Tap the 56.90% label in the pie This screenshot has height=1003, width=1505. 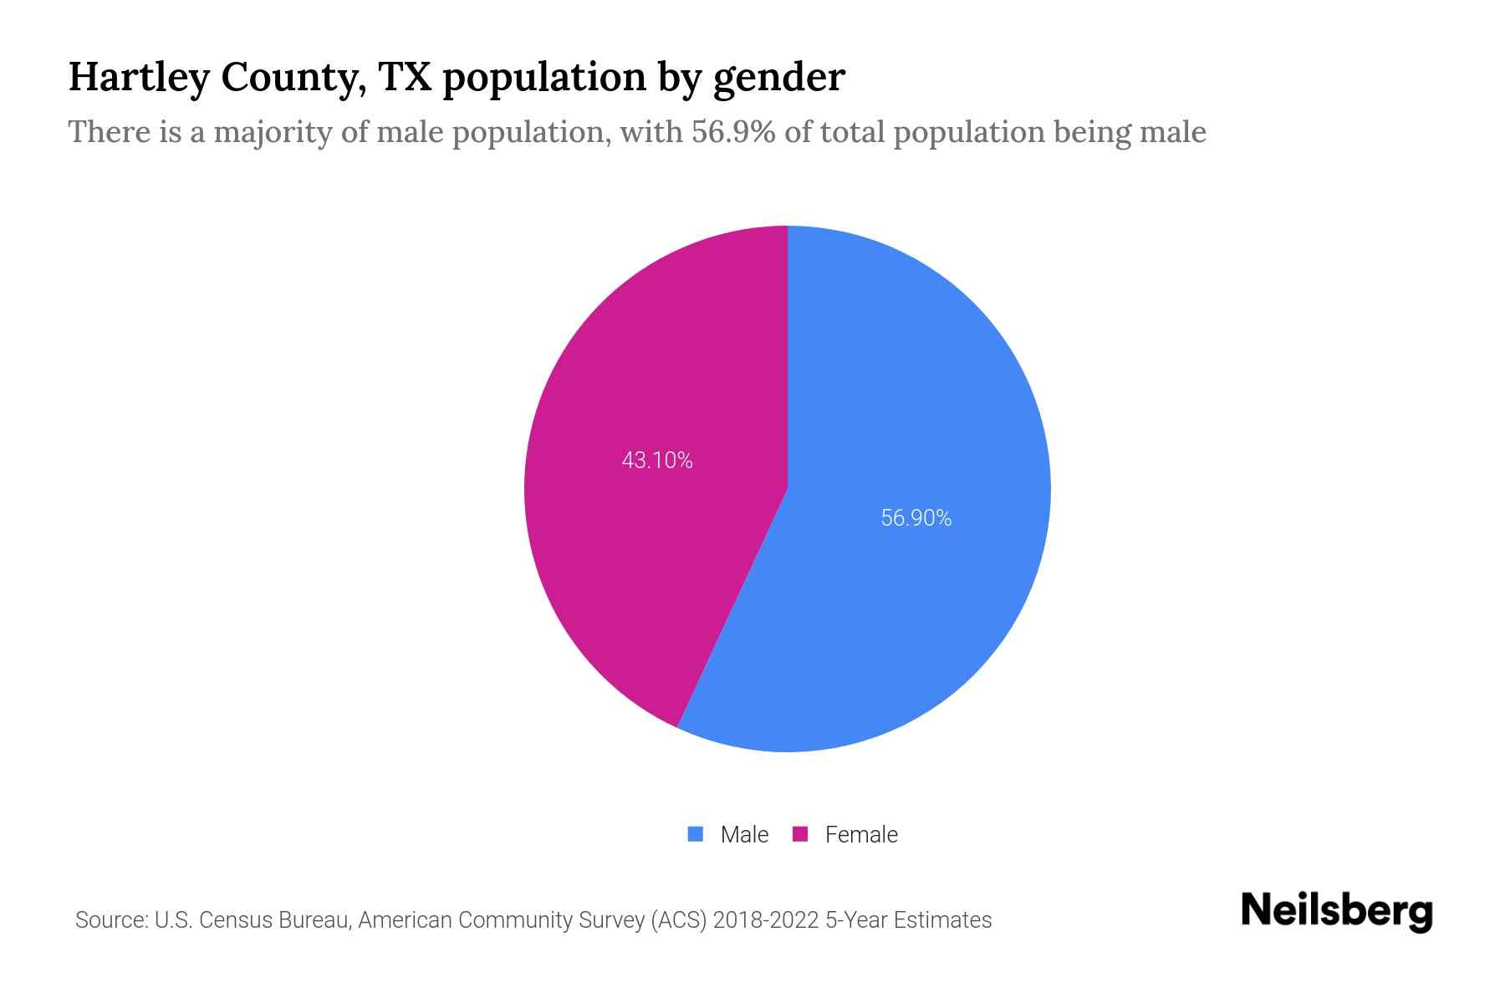coord(916,518)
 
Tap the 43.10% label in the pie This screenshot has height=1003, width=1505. coord(657,461)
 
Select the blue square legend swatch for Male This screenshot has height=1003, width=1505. coord(695,834)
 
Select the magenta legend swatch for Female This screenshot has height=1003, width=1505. coord(800,834)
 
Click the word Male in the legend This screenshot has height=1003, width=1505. coord(744,834)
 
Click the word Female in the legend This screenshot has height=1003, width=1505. coord(861,834)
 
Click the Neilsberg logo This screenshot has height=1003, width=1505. coord(1336,911)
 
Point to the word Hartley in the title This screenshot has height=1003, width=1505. coord(138,77)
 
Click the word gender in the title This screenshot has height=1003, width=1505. coord(779,79)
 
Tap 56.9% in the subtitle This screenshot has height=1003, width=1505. coord(733,132)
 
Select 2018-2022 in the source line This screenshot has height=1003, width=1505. coord(765,920)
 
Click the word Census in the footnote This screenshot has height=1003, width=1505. coord(235,920)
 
